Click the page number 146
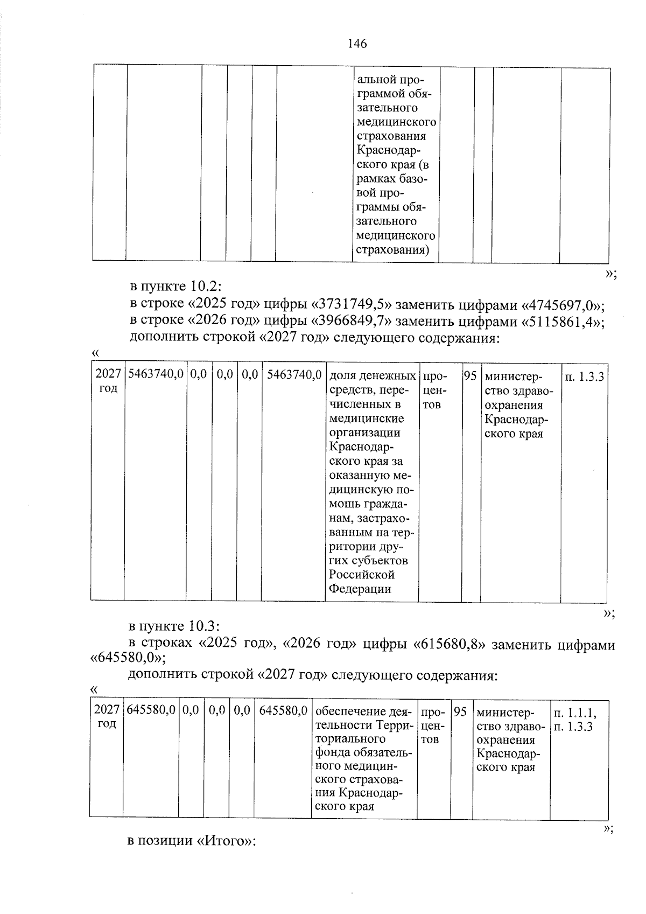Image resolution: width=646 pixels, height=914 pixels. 357,44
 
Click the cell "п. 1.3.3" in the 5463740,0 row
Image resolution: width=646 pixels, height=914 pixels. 584,377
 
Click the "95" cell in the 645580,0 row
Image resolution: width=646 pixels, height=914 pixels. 459,712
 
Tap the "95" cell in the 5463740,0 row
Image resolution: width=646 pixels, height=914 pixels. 471,376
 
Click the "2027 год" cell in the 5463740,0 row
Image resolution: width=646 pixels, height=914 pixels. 108,381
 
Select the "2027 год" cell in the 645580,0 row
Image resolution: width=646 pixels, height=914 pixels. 106,717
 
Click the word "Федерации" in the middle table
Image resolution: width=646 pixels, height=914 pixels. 360,589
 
